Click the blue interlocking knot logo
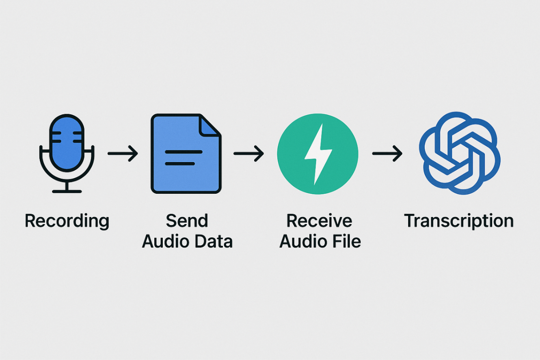(459, 153)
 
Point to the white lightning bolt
(318, 154)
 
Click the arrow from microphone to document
(123, 153)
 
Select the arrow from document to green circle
(248, 153)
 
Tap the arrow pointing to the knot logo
(387, 153)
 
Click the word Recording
(67, 221)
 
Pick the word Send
(187, 221)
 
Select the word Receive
(320, 221)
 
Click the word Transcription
(459, 221)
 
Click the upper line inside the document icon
(184, 152)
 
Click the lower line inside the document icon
(180, 163)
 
